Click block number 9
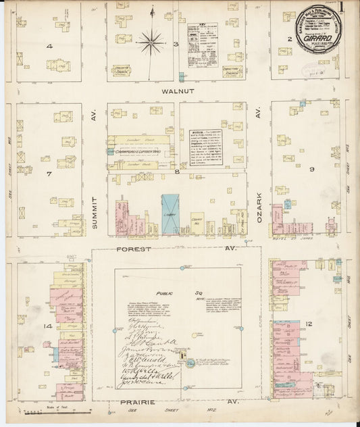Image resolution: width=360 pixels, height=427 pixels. click(311, 169)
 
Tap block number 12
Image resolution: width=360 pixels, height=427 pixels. click(309, 324)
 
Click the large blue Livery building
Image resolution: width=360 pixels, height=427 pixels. click(170, 214)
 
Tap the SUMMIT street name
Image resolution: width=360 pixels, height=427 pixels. click(95, 211)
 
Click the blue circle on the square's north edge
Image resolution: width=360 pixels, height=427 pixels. click(182, 268)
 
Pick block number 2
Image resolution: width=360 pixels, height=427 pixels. click(288, 39)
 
